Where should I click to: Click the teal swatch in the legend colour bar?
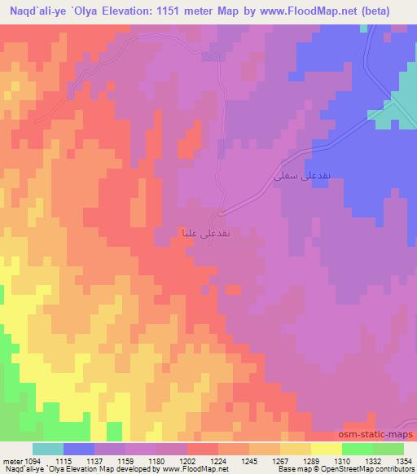click(47, 449)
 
